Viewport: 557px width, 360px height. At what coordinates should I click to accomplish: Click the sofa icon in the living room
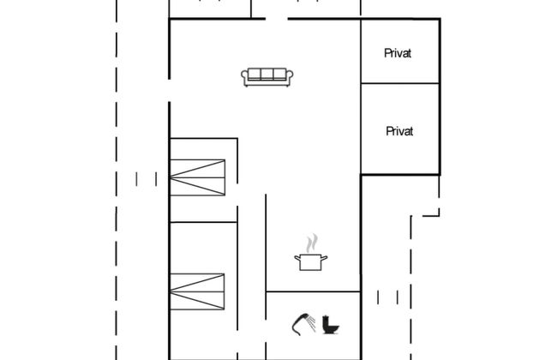tap(267, 77)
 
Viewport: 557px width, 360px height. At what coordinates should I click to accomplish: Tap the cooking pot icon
tap(311, 262)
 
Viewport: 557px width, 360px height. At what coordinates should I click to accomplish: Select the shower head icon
tap(301, 324)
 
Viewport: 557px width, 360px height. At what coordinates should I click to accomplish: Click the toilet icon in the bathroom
tap(331, 325)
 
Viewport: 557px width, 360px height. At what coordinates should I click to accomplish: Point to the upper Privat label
tap(398, 53)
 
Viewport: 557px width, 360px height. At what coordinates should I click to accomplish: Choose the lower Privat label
tap(399, 131)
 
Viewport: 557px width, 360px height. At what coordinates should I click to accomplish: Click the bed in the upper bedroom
tap(197, 177)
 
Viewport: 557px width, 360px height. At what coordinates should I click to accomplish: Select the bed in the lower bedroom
tap(197, 291)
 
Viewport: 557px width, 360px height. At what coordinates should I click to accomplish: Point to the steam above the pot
tap(312, 243)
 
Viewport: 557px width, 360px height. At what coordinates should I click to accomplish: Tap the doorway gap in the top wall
tap(277, 19)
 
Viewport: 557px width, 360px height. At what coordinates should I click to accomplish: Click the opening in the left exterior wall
tap(170, 91)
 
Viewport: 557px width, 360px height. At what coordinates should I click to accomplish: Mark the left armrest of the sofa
tap(244, 77)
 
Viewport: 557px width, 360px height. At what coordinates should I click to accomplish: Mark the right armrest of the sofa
tap(290, 77)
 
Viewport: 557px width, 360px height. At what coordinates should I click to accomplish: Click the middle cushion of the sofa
tap(267, 74)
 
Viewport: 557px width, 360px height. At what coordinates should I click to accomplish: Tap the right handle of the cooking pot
tap(324, 258)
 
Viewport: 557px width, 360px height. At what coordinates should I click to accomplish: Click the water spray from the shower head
tap(311, 322)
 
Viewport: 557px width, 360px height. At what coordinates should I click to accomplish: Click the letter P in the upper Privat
tap(387, 53)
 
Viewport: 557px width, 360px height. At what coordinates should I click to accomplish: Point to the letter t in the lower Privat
tap(411, 131)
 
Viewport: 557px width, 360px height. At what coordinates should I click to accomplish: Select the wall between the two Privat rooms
tap(400, 83)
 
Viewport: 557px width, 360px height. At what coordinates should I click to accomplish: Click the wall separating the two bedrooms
tap(204, 222)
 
